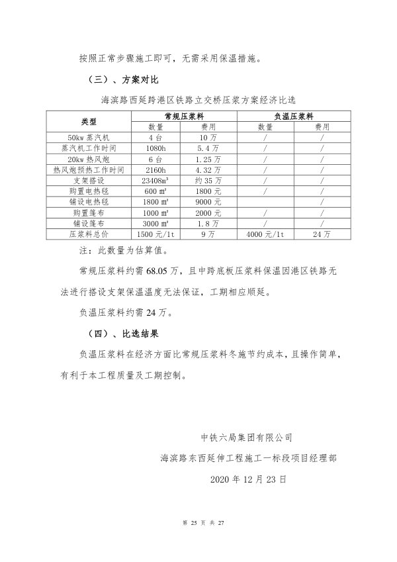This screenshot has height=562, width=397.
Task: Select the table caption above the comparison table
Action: point(198,100)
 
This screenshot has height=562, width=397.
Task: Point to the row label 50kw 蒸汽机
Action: point(89,137)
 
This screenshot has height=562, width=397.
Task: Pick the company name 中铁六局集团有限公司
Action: point(246,438)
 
